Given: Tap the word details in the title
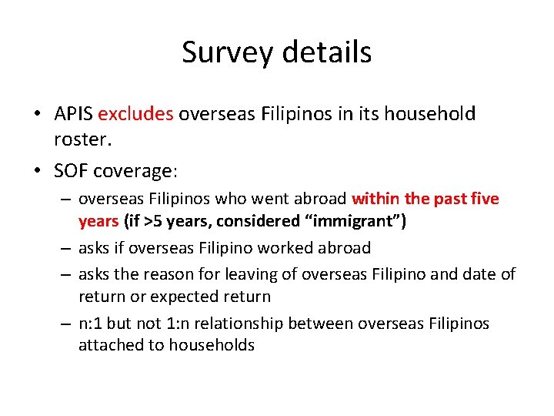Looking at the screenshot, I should (x=328, y=52).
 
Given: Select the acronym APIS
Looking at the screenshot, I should (x=74, y=114).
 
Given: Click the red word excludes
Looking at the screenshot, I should (x=136, y=114).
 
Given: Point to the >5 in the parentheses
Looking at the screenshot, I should (x=152, y=221).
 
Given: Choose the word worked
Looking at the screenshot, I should (x=275, y=248).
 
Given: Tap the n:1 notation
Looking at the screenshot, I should (x=92, y=323).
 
